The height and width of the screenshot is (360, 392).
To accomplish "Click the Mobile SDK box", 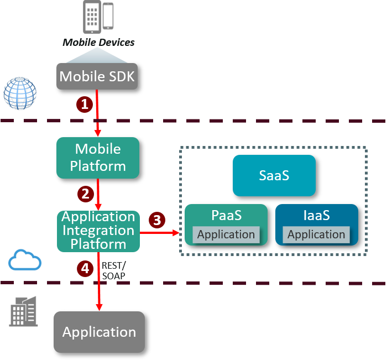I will point(97,76).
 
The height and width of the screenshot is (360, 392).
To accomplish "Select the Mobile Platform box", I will point(98,158).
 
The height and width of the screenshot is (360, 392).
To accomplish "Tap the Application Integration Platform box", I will point(98,231).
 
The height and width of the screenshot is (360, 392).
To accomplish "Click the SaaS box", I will point(274,175).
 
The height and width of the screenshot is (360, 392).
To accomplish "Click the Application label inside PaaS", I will point(226,234).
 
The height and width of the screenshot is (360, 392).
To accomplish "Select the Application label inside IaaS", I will point(316,234).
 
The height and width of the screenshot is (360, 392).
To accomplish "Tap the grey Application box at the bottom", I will point(99,332).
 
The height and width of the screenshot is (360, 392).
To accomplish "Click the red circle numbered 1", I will point(84,104).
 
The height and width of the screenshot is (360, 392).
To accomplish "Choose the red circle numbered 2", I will point(85,194).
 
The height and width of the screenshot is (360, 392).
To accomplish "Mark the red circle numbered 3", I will point(157,220).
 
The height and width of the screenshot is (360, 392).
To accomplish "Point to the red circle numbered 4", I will point(85,269).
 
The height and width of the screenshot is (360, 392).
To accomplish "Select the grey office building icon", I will point(24,311).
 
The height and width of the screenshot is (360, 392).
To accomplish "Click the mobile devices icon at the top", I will point(98,16).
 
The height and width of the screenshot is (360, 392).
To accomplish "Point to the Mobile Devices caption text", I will point(98,42).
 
